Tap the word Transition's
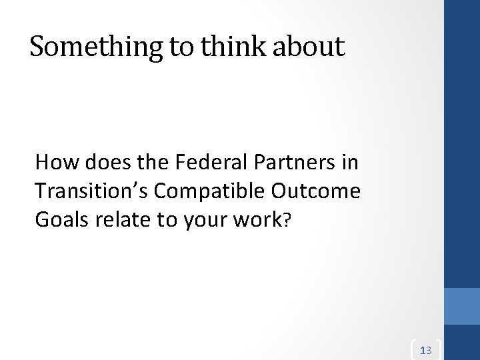(x=93, y=192)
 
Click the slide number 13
(x=427, y=349)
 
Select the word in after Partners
(x=348, y=161)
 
